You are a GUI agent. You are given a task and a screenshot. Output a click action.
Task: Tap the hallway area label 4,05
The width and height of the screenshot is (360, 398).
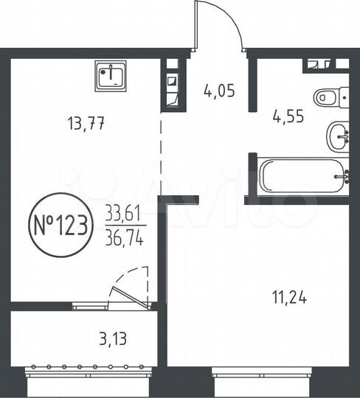click(219, 91)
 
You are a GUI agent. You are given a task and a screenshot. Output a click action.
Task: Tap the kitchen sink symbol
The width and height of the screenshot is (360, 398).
click(112, 74)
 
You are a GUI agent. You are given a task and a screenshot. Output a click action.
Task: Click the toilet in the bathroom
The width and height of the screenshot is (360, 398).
click(329, 97)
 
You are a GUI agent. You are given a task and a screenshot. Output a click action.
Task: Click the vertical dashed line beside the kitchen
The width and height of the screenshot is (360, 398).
click(162, 155)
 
